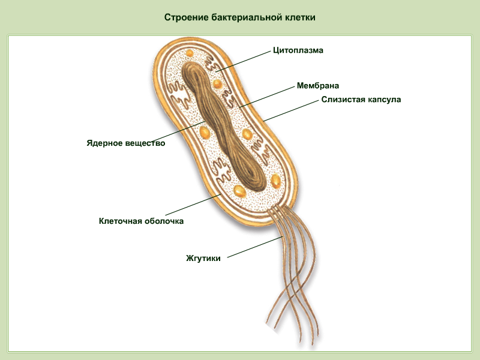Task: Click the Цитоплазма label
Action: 298,50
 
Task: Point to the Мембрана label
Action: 318,86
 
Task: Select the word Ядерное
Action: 104,143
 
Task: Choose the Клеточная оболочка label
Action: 141,221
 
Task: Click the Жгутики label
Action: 203,259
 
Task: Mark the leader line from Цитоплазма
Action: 243,61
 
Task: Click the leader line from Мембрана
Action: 266,97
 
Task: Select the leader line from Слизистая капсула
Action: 291,111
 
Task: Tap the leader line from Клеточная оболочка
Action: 193,205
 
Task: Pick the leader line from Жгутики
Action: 254,247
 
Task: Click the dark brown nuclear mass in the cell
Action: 223,126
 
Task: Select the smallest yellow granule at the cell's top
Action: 190,53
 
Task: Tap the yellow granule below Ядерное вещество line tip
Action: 205,133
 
